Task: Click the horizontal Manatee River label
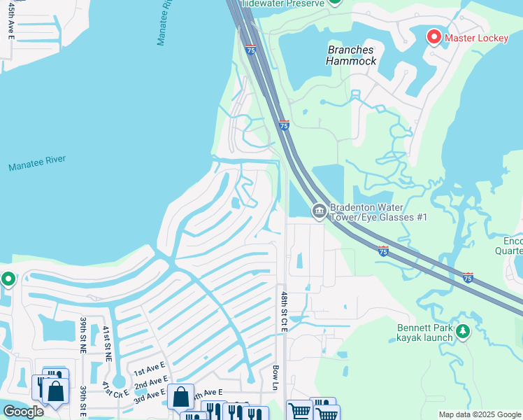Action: (x=37, y=163)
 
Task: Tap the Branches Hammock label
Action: (x=351, y=55)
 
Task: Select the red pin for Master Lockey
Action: (x=434, y=36)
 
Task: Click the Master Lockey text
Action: (x=477, y=38)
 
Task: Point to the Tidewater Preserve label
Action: (x=282, y=3)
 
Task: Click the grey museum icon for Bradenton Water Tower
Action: (x=319, y=211)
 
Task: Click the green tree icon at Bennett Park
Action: (x=462, y=330)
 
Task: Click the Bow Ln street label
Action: (x=275, y=377)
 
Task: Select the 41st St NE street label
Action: (x=107, y=343)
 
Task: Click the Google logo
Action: (x=23, y=412)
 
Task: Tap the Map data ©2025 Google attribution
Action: (x=480, y=414)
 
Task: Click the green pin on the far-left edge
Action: (x=8, y=279)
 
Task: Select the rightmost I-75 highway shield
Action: (x=468, y=278)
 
